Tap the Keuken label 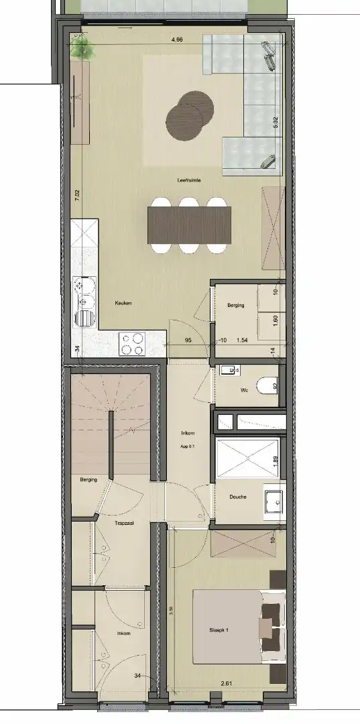click(123, 303)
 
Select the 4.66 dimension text click(177, 40)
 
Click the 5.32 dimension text click(276, 122)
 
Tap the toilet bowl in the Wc click(271, 387)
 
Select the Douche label click(237, 497)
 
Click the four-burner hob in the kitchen click(131, 344)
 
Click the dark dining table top click(189, 225)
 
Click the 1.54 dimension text click(242, 340)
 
